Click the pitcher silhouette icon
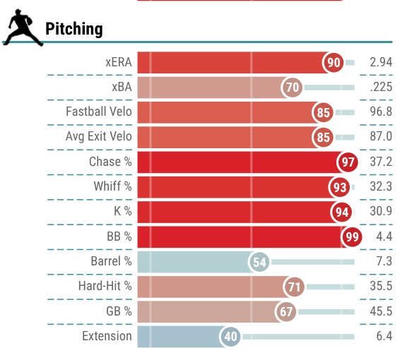[23, 28]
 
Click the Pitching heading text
[74, 29]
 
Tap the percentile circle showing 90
[334, 62]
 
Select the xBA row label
[122, 87]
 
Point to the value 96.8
[381, 112]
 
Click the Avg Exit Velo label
[99, 136]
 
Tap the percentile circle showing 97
[348, 162]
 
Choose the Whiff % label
[113, 186]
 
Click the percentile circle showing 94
[341, 212]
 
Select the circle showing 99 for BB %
[352, 236]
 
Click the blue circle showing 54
[259, 262]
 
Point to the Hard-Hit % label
[105, 286]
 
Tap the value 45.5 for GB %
[381, 311]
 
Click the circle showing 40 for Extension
[230, 337]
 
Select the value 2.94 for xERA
[381, 62]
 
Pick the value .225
[381, 87]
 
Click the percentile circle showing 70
[292, 87]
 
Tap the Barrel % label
[112, 261]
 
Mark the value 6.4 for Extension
[384, 336]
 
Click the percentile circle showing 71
[294, 287]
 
